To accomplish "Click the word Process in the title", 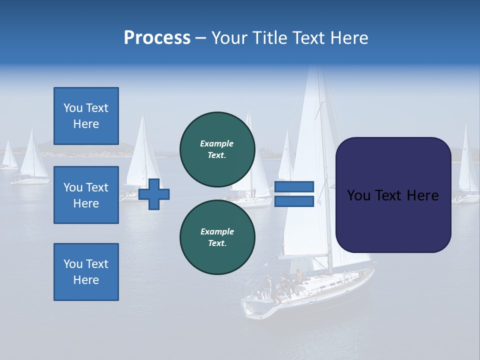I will [x=157, y=38].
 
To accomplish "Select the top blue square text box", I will [x=86, y=116].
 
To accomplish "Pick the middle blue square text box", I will [x=86, y=195].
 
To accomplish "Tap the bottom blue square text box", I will [x=86, y=272].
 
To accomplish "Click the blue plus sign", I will [x=154, y=194].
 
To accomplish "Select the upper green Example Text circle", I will [x=217, y=149].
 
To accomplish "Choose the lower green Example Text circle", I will [x=217, y=237].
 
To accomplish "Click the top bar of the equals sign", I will [x=294, y=187].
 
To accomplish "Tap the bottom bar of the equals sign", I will [x=294, y=201].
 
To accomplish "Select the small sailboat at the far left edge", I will [x=9, y=157].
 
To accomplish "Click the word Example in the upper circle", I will [x=217, y=143].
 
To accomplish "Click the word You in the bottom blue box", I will [x=72, y=264].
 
